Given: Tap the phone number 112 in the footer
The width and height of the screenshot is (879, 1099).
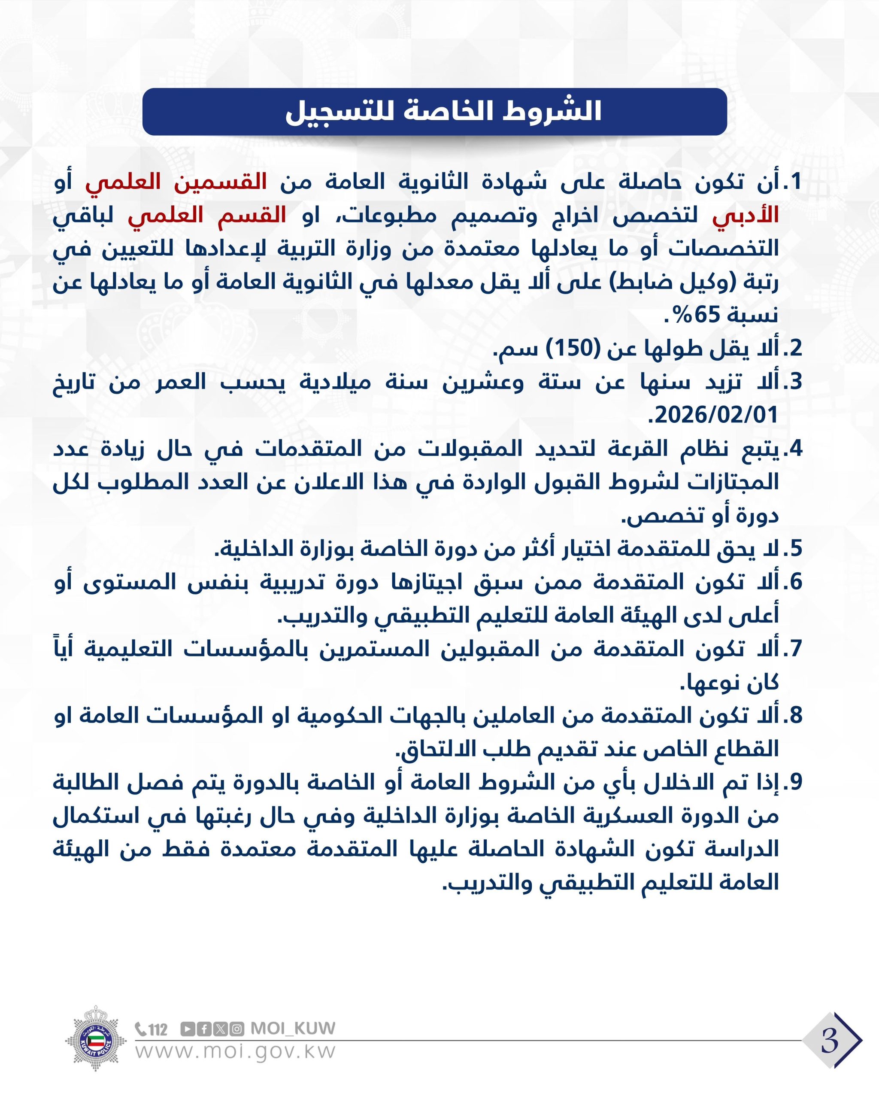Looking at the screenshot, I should tap(152, 1029).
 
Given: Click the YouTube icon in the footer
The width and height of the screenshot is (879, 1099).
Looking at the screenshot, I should tap(188, 1029).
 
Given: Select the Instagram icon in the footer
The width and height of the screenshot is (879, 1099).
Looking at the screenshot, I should tap(236, 1029).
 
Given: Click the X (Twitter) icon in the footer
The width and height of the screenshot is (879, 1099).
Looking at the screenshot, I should tap(220, 1029).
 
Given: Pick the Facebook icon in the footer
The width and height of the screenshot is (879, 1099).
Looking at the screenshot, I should tap(204, 1029).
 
